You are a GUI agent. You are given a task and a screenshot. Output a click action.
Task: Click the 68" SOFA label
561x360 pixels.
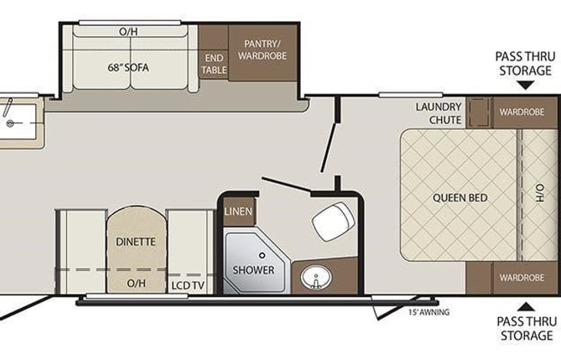128,67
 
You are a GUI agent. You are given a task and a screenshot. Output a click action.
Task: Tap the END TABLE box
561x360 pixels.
213,64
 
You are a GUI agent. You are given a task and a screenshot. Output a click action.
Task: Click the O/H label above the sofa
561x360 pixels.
128,32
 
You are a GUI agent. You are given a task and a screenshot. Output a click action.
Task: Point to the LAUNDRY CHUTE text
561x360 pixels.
439,113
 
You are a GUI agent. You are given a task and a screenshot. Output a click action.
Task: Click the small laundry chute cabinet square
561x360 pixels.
480,113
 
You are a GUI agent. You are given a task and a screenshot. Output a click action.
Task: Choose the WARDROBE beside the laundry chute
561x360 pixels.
522,112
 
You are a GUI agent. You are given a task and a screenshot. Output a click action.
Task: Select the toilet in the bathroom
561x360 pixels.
329,221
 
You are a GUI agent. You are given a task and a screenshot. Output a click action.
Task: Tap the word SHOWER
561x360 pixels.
253,270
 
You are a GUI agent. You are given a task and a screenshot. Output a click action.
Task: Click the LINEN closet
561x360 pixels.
239,211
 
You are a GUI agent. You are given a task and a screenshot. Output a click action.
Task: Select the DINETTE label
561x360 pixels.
136,241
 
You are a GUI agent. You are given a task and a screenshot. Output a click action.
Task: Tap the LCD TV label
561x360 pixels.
189,286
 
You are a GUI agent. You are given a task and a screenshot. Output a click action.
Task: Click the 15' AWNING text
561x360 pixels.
428,312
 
